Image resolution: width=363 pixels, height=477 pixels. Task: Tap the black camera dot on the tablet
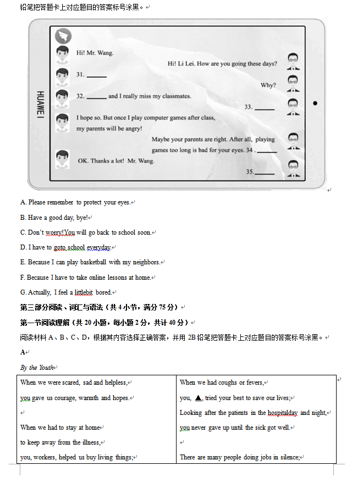click(x=315, y=103)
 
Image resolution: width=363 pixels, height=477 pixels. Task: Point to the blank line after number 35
click(x=265, y=173)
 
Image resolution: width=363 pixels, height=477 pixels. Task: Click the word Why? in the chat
click(x=268, y=85)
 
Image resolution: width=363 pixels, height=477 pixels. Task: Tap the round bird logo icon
click(x=64, y=37)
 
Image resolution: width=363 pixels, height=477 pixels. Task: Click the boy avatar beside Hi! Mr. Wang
click(x=62, y=54)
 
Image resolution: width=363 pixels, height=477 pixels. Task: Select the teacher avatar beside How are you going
click(x=294, y=62)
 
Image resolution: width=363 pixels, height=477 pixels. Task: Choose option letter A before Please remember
click(x=23, y=202)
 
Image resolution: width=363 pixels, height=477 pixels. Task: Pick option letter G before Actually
click(x=23, y=292)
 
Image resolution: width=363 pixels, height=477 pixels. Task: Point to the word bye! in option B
click(x=81, y=218)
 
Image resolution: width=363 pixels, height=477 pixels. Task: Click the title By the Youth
click(x=37, y=368)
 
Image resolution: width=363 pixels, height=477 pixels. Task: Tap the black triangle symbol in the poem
click(x=199, y=397)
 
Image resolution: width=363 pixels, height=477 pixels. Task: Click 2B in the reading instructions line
click(x=192, y=337)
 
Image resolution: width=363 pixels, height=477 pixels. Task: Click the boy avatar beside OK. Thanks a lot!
click(x=62, y=158)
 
